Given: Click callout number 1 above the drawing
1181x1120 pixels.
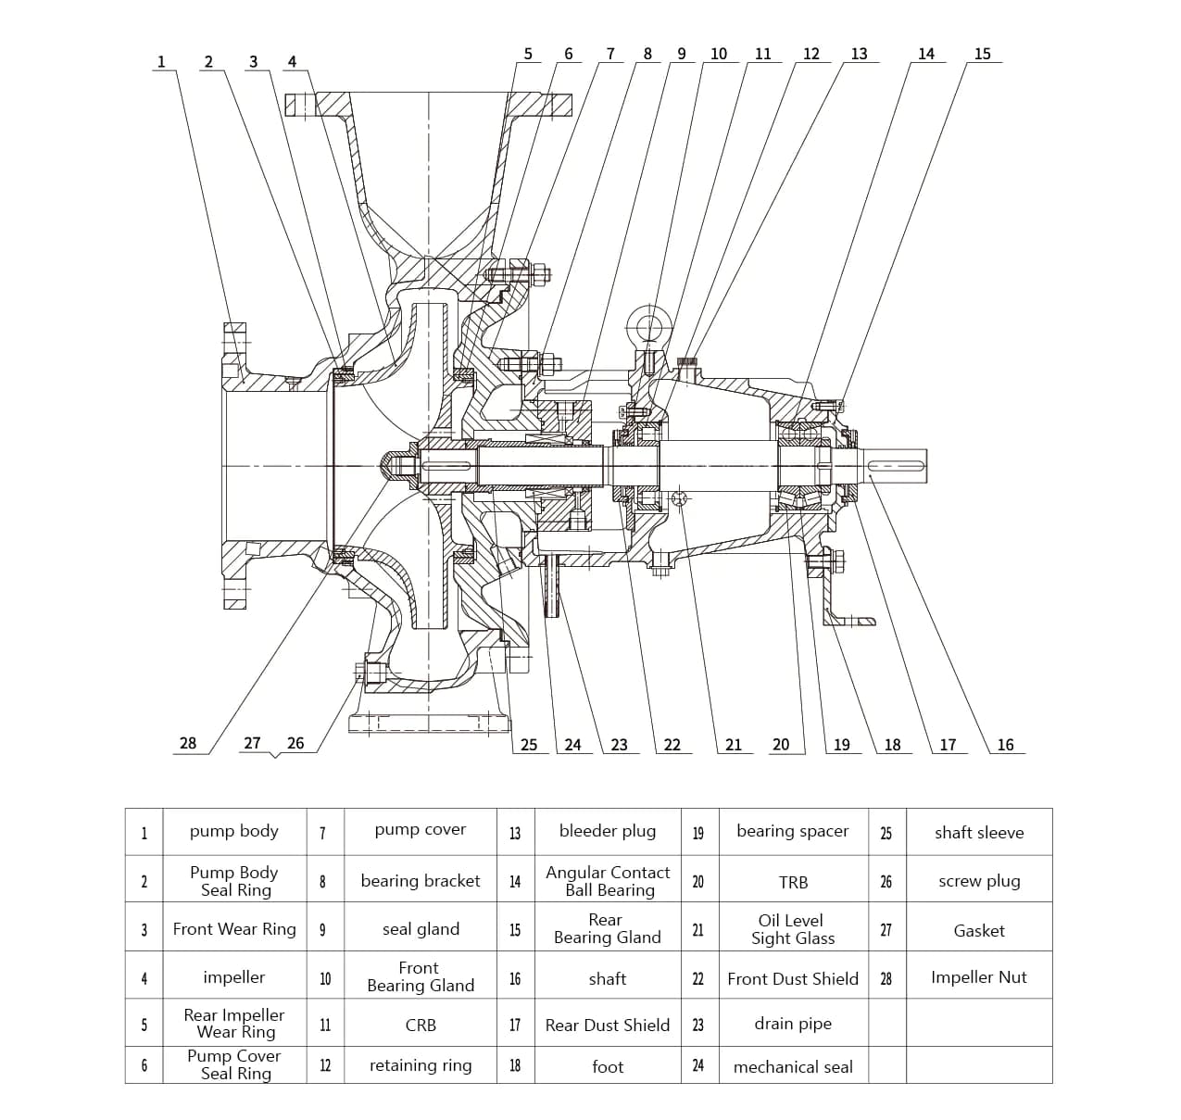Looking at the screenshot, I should pyautogui.click(x=161, y=62).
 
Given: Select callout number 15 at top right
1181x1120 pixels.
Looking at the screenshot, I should pyautogui.click(x=982, y=54).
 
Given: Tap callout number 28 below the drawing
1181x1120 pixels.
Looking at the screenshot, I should pyautogui.click(x=188, y=743).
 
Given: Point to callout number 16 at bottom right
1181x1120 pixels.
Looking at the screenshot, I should pyautogui.click(x=1005, y=744).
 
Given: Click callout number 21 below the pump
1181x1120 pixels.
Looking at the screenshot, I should pyautogui.click(x=733, y=744).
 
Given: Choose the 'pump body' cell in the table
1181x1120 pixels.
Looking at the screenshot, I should pyautogui.click(x=233, y=831).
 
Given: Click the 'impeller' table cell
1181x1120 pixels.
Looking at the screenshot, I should pyautogui.click(x=233, y=977).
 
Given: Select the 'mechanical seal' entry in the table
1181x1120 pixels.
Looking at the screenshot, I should pyautogui.click(x=792, y=1067).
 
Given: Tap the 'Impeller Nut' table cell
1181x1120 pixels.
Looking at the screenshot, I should pyautogui.click(x=978, y=977).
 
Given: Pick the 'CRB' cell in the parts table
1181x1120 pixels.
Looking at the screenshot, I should pyautogui.click(x=420, y=1026).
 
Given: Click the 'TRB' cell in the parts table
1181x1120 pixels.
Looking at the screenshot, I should pyautogui.click(x=792, y=882).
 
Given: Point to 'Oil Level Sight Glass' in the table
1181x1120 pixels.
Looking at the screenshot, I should pyautogui.click(x=792, y=929).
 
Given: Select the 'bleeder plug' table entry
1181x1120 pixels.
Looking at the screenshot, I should pyautogui.click(x=607, y=831).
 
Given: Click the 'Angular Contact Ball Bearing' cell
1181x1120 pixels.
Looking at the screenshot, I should pyautogui.click(x=607, y=881).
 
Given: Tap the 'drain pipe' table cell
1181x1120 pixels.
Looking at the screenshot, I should pyautogui.click(x=792, y=1024).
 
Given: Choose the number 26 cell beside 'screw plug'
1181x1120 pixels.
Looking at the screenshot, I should pyautogui.click(x=886, y=881).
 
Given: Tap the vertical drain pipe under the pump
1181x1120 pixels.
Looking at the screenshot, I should pyautogui.click(x=552, y=588).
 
